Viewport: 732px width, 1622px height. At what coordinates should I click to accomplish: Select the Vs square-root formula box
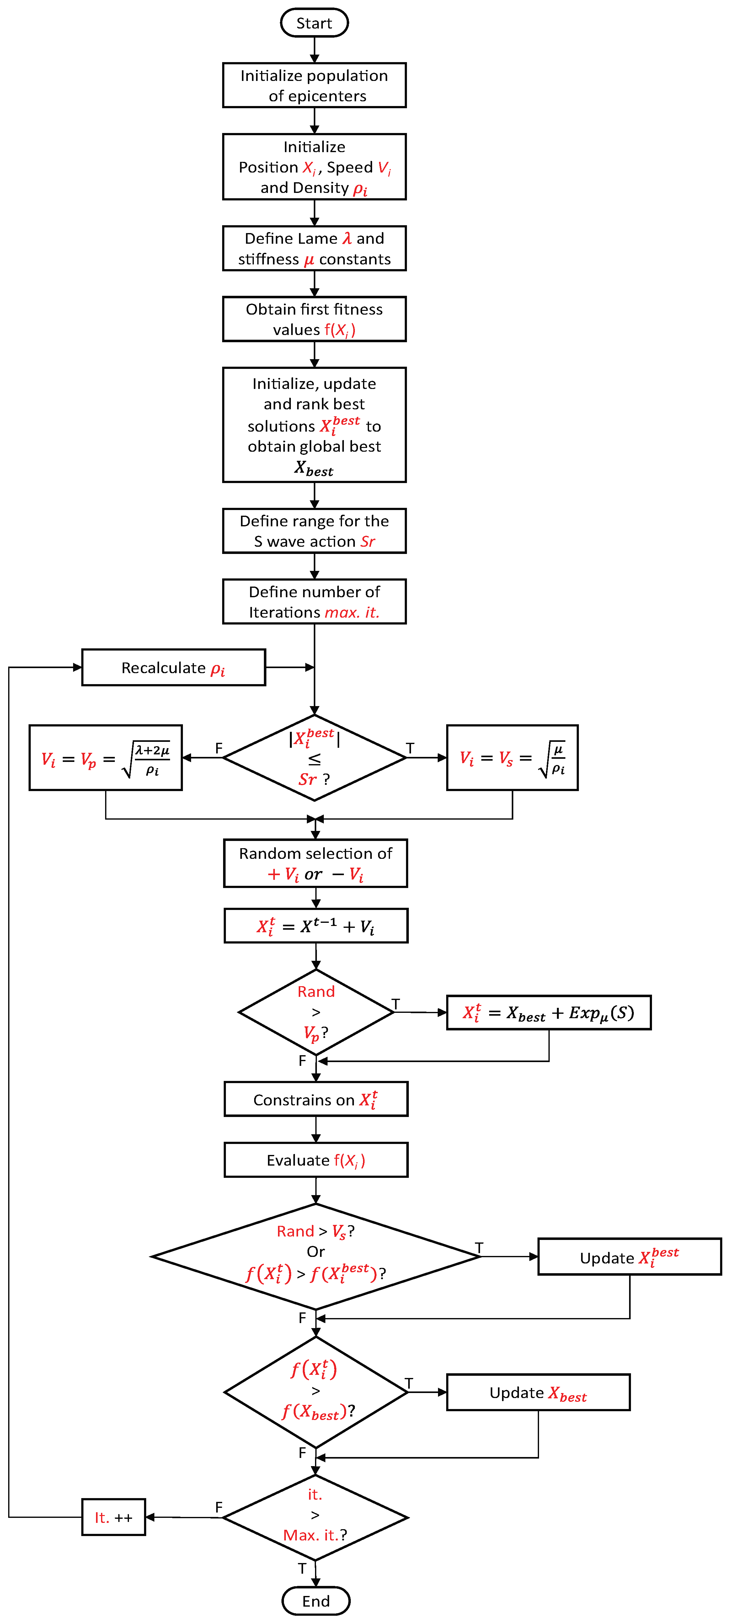click(512, 758)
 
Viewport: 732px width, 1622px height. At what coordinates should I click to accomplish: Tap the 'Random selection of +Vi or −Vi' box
click(316, 863)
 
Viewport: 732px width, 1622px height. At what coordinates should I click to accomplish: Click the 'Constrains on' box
click(316, 1099)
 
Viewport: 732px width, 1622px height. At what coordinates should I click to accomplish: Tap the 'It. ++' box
click(113, 1518)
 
